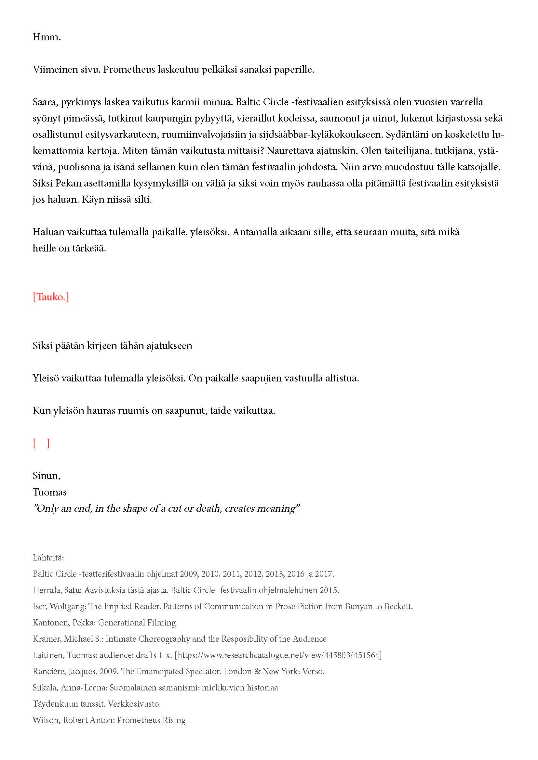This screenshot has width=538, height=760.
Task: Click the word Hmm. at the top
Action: click(47, 37)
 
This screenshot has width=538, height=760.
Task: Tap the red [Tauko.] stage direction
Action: click(51, 297)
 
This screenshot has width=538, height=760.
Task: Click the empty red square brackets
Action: click(41, 443)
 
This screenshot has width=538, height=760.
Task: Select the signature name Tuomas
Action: click(49, 492)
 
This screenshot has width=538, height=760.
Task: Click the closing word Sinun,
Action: click(47, 476)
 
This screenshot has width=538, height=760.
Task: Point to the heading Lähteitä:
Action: click(48, 558)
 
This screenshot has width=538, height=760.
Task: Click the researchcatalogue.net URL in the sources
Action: click(278, 655)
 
